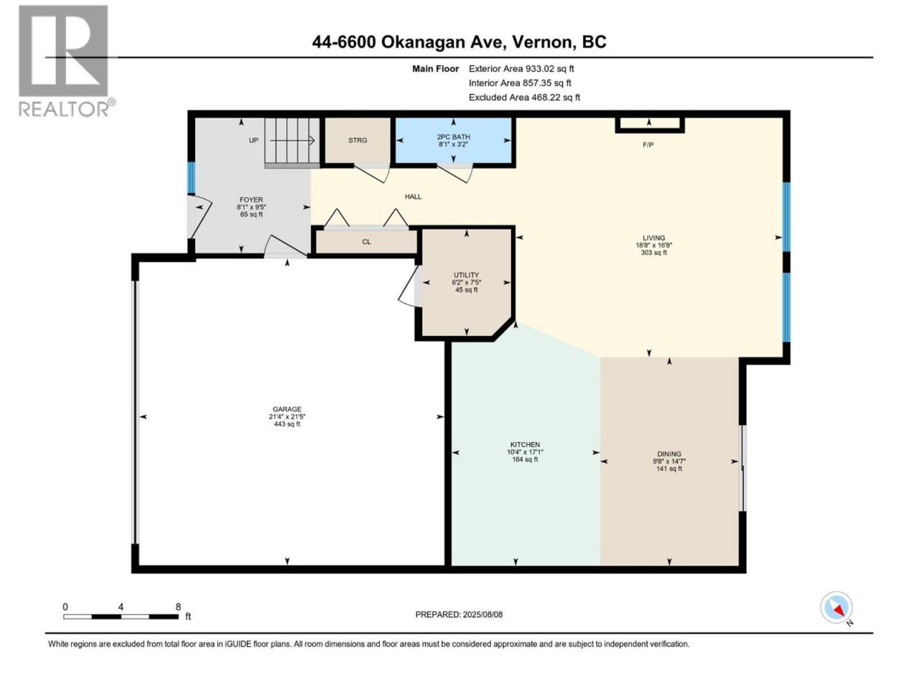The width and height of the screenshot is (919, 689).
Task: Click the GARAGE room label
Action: click(x=286, y=409)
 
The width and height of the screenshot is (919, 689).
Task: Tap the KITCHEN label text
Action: click(x=525, y=444)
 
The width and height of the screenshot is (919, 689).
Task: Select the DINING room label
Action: click(x=668, y=454)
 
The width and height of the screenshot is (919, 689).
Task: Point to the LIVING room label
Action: click(x=653, y=238)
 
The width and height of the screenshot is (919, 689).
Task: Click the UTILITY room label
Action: click(x=466, y=275)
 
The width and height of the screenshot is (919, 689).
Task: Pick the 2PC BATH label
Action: click(x=453, y=137)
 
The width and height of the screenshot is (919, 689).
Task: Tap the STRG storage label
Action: click(x=358, y=140)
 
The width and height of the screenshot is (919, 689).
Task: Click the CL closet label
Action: click(x=366, y=242)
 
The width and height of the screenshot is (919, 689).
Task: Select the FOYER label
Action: click(x=251, y=200)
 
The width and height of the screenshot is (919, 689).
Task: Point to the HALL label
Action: click(x=413, y=197)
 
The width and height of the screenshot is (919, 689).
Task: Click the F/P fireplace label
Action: click(x=648, y=145)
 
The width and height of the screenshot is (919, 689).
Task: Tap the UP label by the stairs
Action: click(x=253, y=140)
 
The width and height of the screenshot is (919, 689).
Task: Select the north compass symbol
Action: click(x=836, y=607)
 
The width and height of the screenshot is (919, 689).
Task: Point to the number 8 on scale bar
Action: click(x=178, y=606)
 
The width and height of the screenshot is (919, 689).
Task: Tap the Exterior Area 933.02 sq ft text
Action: click(x=521, y=69)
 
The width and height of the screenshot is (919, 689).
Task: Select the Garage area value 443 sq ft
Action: click(x=286, y=423)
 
